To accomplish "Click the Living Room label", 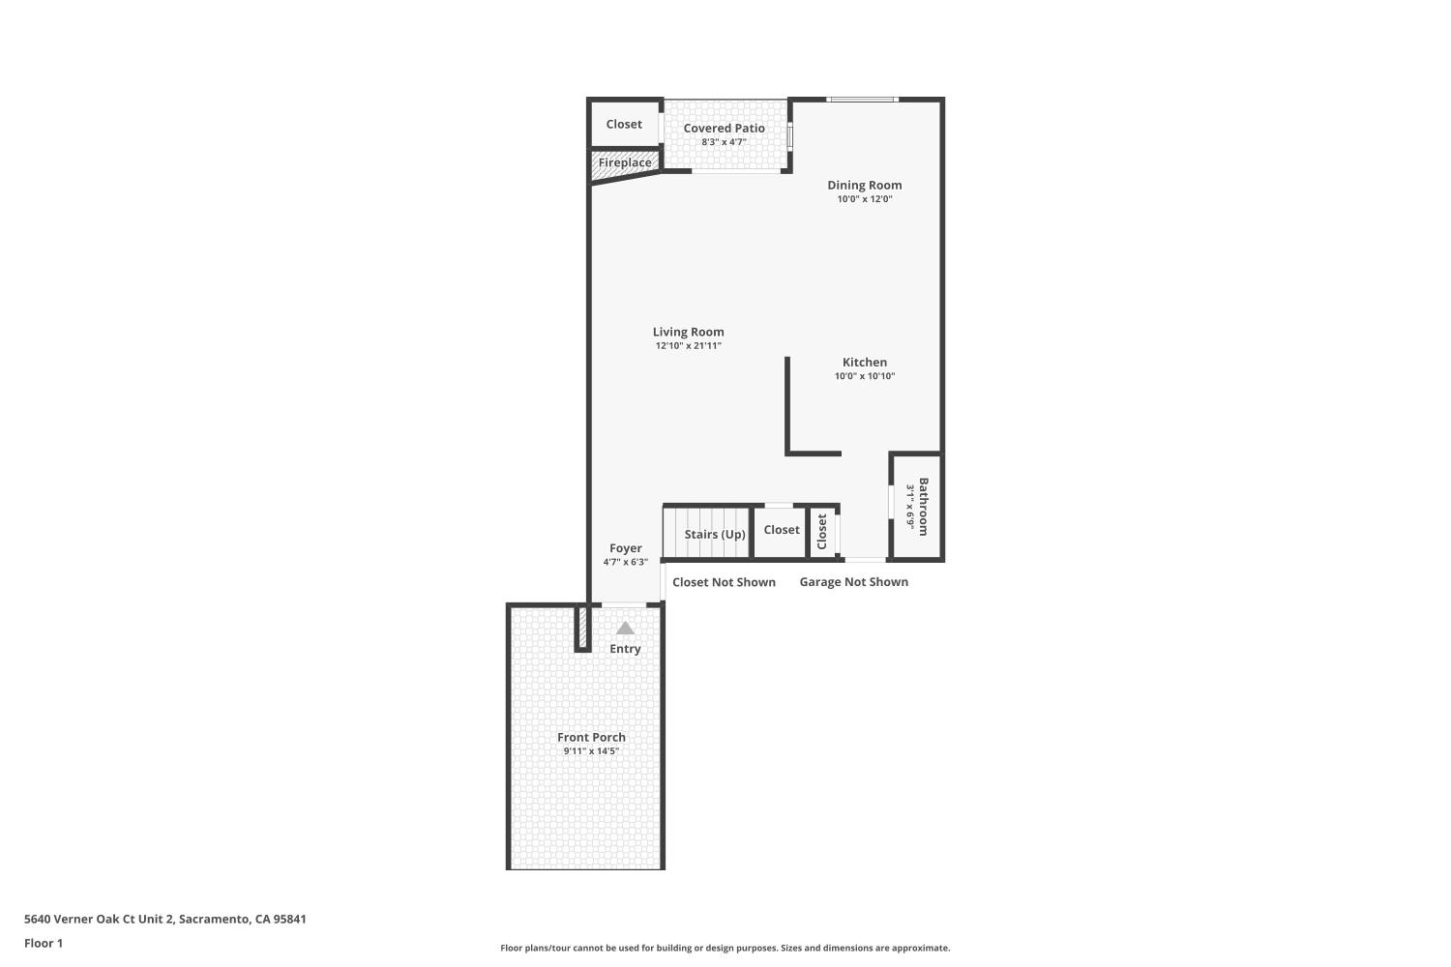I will (688, 332).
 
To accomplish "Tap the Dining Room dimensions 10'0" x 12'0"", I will (864, 199).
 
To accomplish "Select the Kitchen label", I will (864, 363).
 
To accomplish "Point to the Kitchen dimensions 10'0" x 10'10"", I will (864, 376).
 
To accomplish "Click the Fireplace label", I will (624, 162).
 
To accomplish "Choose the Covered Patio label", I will (724, 128).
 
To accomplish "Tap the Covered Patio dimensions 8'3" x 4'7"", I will (724, 142).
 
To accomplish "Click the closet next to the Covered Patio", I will (624, 124).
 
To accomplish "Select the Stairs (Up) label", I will (715, 534).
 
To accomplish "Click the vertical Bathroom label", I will (923, 507).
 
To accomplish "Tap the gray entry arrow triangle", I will (625, 628).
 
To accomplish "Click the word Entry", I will (625, 649).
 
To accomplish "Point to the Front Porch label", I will (591, 737).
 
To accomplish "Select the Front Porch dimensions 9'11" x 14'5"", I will (591, 751).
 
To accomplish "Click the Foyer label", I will (625, 548).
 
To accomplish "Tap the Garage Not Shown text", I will (853, 581).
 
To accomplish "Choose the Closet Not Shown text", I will (724, 582).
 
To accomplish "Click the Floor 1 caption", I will (44, 943).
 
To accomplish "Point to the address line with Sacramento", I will (164, 919).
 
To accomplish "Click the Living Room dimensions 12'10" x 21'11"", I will (688, 345).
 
